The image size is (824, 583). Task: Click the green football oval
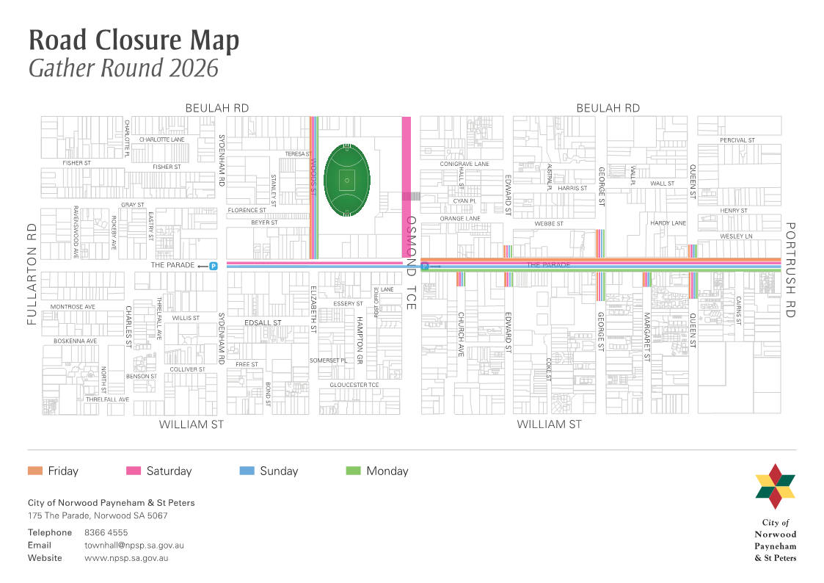[346, 180]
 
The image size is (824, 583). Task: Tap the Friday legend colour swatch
[35, 471]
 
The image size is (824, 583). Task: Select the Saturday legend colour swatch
[134, 471]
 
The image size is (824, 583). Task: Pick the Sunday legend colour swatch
[247, 471]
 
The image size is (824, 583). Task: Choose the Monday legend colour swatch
[353, 471]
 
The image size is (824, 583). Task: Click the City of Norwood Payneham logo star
[775, 486]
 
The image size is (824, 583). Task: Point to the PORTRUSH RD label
[790, 269]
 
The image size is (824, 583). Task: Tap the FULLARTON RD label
[32, 274]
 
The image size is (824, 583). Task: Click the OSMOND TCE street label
[411, 262]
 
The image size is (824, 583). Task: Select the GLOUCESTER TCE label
[354, 385]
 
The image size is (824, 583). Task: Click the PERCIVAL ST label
[737, 140]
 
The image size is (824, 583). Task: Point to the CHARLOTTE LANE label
[161, 139]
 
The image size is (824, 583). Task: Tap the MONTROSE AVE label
[73, 306]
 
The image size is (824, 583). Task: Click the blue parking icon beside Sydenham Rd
[214, 266]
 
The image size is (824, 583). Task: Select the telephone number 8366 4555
[106, 532]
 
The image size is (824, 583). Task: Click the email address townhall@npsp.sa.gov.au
[134, 546]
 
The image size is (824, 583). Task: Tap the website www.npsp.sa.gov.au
[126, 558]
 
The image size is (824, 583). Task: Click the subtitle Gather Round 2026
[123, 68]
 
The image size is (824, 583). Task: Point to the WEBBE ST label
[549, 223]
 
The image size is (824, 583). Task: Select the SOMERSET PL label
[328, 361]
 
